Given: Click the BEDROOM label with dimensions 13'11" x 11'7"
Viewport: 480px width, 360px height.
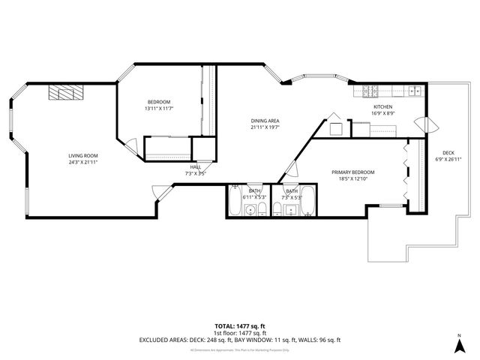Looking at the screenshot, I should [158, 102].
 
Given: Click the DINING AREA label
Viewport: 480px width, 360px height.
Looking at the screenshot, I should [265, 121].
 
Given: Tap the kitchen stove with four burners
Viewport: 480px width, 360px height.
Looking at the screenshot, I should [370, 93].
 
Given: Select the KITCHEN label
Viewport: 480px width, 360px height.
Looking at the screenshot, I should [383, 107].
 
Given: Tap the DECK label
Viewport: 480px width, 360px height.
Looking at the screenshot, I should [448, 152].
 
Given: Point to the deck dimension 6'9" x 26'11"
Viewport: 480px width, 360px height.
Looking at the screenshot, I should [448, 159].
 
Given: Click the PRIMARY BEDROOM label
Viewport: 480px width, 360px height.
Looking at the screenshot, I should [352, 172].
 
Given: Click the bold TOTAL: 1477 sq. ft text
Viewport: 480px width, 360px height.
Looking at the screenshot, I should [239, 325].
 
